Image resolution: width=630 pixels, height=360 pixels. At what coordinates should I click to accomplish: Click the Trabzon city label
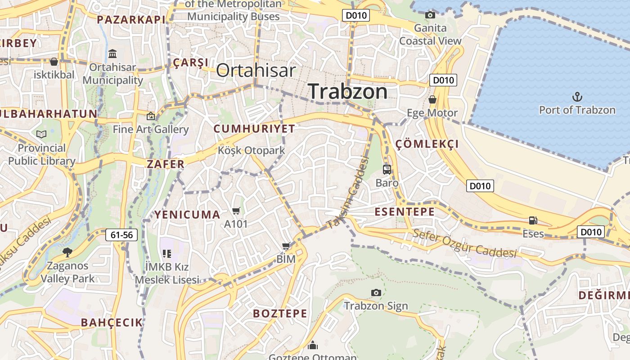pos(348,91)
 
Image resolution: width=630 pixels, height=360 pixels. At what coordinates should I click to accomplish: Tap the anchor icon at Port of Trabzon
pos(577,97)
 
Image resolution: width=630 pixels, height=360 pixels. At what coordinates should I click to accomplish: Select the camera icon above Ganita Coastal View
pos(430,15)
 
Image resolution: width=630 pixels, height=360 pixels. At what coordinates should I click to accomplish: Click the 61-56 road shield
pos(122,235)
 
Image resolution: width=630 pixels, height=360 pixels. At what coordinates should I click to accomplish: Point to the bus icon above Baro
pos(387,170)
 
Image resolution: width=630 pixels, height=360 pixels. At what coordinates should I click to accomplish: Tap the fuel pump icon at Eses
pos(533,220)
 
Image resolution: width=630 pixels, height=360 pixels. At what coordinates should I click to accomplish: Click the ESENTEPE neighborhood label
pos(405,212)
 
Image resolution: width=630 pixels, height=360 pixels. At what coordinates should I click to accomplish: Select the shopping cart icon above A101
pos(236,210)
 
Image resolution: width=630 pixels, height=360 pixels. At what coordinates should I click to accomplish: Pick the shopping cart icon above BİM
pos(286,246)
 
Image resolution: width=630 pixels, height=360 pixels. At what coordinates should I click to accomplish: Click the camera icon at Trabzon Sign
pos(376,292)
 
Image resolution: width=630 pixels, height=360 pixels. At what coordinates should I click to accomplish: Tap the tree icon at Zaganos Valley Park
pos(67,252)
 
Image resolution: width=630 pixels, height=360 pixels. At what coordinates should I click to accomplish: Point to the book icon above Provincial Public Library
pos(41,134)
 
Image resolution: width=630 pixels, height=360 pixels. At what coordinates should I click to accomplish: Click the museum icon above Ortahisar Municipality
pos(112,54)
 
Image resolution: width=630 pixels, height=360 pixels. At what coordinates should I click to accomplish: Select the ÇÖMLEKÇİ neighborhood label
pos(427,144)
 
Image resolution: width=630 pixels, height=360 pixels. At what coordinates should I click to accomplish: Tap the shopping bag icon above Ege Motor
pos(432,99)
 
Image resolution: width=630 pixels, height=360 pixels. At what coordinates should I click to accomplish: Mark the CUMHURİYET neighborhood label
pos(254,129)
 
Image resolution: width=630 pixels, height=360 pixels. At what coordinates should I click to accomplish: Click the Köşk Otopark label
pos(251,150)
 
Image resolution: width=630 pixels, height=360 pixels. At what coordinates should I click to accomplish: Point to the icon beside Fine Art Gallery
pos(151,116)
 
